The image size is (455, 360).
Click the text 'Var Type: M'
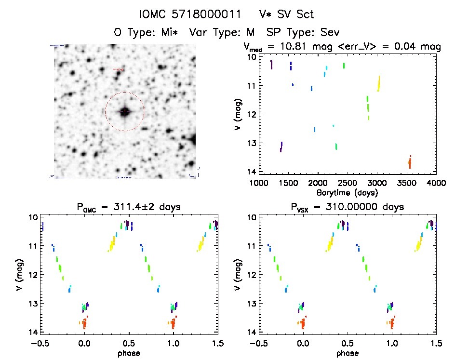click(x=222, y=32)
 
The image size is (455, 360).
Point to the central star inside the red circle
click(x=125, y=112)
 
